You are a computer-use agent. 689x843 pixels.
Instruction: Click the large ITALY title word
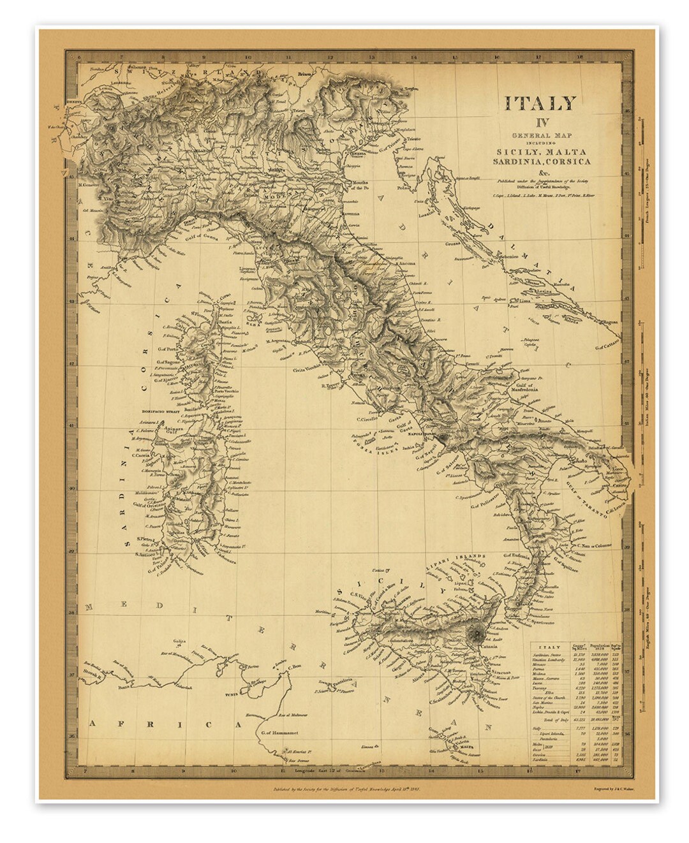point(540,103)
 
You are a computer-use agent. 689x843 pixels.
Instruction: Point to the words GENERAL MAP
point(541,136)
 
